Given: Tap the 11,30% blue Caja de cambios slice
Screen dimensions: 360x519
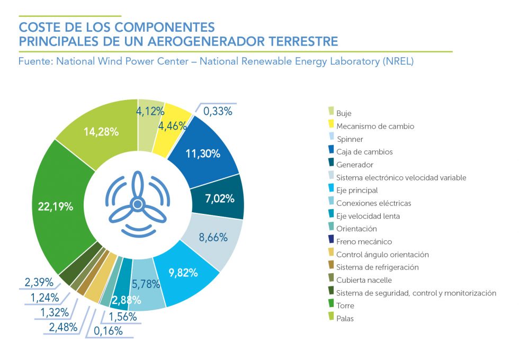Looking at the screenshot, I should [204, 154].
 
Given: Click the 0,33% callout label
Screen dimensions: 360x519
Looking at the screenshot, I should [218, 111].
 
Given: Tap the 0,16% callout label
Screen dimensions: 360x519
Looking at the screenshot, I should [108, 331].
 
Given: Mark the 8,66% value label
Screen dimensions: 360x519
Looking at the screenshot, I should [213, 237].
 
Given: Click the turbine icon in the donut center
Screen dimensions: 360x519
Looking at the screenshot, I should [137, 203].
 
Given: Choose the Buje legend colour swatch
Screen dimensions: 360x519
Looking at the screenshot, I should [331, 111].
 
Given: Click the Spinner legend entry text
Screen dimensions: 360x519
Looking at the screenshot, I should [350, 139].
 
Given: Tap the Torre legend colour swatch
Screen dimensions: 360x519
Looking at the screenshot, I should [331, 304].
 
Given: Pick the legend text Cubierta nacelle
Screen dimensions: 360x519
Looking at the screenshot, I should [364, 280].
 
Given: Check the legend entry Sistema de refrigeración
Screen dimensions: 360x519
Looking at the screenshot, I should [378, 267].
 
